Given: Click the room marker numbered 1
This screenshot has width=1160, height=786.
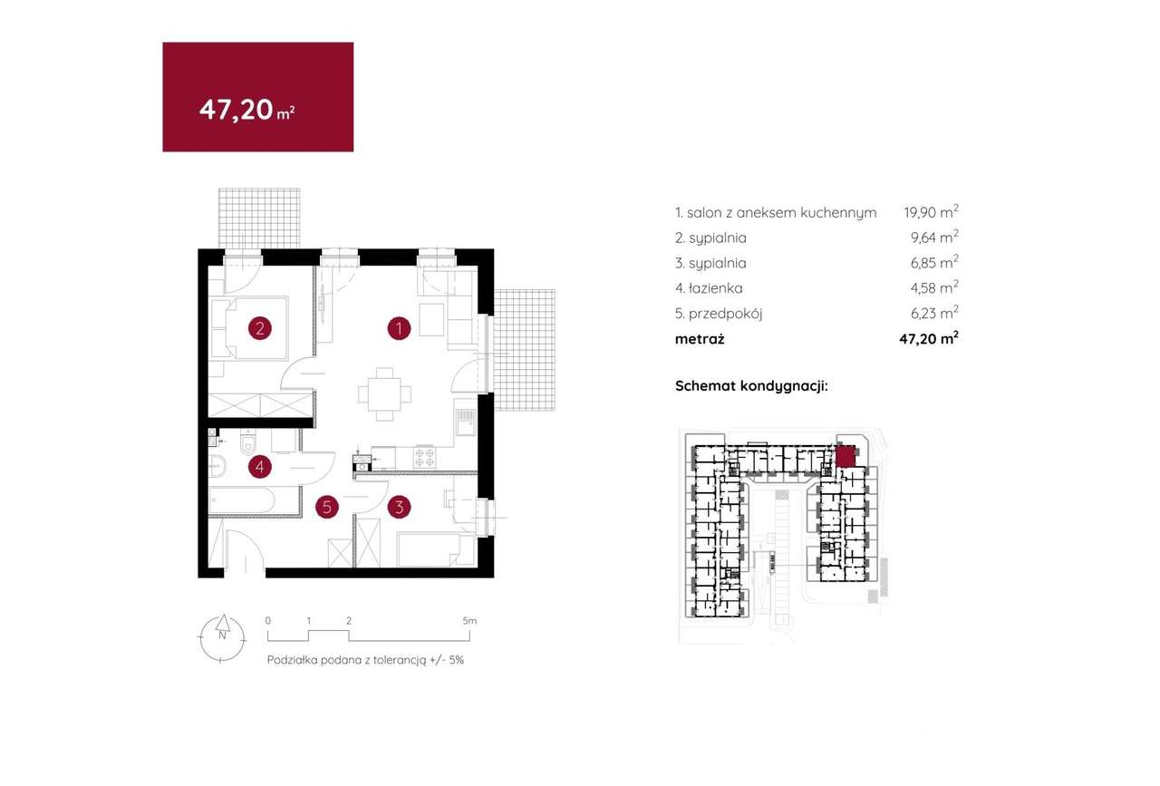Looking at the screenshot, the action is point(399,328).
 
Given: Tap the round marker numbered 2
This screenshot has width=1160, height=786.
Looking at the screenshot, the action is point(260,328).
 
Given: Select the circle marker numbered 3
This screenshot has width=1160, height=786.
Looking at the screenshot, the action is point(399,507).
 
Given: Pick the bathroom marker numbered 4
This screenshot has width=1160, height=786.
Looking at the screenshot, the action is point(260,467).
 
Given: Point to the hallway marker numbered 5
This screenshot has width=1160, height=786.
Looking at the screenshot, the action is point(327,507).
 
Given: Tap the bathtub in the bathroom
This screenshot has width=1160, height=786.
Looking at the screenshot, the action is point(241,500).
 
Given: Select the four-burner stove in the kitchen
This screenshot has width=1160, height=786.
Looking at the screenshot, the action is point(425,457).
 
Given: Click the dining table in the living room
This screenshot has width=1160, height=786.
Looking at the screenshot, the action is point(384,394).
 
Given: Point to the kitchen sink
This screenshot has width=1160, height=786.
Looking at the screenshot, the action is point(465,422).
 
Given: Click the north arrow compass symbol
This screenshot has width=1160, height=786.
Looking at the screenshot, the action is point(222,638).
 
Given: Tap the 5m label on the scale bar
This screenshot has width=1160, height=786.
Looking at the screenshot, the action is point(469,621).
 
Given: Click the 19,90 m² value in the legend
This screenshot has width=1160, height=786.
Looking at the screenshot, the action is point(931,212).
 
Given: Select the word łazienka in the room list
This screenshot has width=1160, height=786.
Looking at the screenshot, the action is point(715,288).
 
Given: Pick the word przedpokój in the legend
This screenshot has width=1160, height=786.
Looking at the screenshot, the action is point(726,314).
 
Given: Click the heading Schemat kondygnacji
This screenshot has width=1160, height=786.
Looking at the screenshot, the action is point(751,386).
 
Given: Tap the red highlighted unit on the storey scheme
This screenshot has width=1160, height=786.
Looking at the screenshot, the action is point(845,457).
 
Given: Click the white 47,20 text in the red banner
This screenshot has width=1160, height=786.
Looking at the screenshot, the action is point(237,110).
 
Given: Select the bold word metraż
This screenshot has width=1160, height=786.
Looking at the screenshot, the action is point(700,339).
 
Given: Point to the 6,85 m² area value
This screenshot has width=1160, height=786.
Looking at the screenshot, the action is point(934,262).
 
